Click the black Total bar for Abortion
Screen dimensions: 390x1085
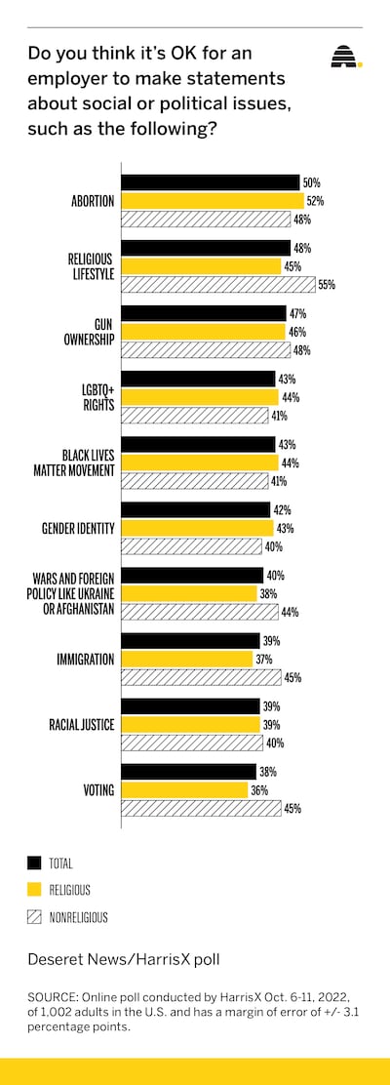(211, 182)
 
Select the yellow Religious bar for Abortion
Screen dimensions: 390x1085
(213, 201)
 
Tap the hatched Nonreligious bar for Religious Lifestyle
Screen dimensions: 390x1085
(218, 284)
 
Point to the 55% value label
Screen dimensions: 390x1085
(327, 284)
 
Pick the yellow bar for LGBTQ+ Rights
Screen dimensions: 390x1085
(200, 397)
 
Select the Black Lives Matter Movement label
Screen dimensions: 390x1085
(83, 462)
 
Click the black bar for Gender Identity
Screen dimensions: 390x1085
(196, 510)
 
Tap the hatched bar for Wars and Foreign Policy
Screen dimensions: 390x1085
(200, 612)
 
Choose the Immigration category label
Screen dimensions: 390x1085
(86, 660)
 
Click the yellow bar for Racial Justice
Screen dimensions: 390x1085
(192, 725)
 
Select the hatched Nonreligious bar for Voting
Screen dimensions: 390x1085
(201, 808)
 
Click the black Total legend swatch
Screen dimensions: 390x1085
(34, 863)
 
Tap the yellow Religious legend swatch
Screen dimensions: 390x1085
(34, 890)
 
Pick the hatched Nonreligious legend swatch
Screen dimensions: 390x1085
(34, 917)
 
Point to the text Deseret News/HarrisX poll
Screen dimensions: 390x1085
(124, 960)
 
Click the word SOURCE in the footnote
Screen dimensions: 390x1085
(54, 998)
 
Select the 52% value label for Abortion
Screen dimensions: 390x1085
(315, 201)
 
